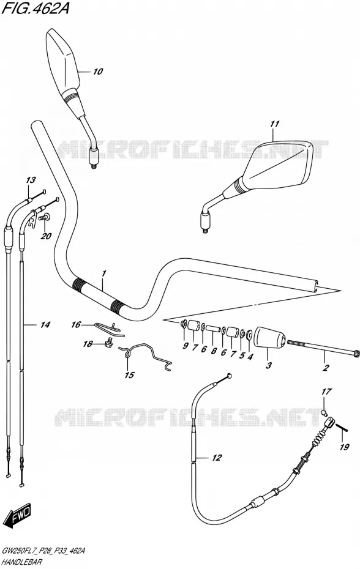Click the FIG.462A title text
pyautogui.click(x=36, y=9)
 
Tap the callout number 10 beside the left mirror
pyautogui.click(x=97, y=72)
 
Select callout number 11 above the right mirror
pyautogui.click(x=275, y=124)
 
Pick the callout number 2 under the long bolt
pyautogui.click(x=326, y=368)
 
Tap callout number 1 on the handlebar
pyautogui.click(x=103, y=273)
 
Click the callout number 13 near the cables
pyautogui.click(x=31, y=180)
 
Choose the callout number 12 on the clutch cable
pyautogui.click(x=217, y=458)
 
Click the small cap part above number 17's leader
pyautogui.click(x=324, y=412)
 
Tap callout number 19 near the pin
pyautogui.click(x=344, y=447)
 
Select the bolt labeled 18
pyautogui.click(x=108, y=342)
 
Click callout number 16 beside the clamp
pyautogui.click(x=75, y=324)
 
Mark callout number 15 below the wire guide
pyautogui.click(x=129, y=375)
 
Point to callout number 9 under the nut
pyautogui.click(x=186, y=346)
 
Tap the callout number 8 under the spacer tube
pyautogui.click(x=214, y=351)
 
